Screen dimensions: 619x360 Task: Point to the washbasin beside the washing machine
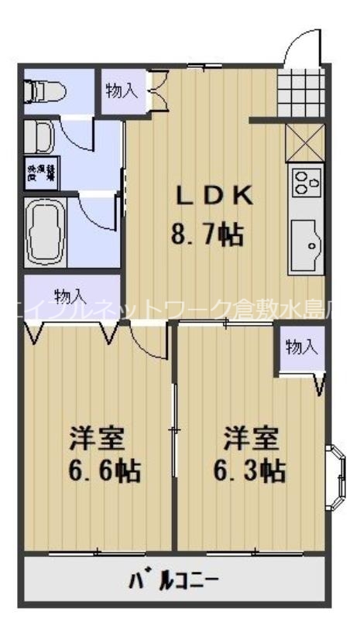(38, 138)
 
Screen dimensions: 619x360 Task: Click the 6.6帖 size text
(97, 470)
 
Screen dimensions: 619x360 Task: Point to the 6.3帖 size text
(249, 470)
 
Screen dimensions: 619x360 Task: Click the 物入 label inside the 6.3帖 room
(301, 347)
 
